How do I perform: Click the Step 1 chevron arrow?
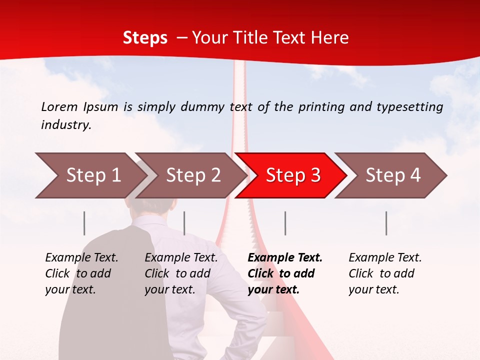tap(90, 175)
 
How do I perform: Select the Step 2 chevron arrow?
tap(192, 175)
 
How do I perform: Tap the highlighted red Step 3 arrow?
tap(292, 175)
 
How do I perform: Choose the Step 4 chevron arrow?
tap(392, 175)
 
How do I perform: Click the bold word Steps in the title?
tap(145, 38)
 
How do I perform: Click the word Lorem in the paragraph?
tap(59, 106)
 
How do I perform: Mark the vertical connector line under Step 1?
tap(84, 223)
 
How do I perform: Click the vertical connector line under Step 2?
tap(184, 223)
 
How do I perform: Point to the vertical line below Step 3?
tap(285, 223)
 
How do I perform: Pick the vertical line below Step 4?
tap(386, 223)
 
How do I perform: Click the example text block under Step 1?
tap(81, 273)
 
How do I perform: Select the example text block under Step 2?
tap(181, 273)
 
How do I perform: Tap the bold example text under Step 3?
tap(285, 273)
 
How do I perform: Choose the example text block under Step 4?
tap(385, 273)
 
